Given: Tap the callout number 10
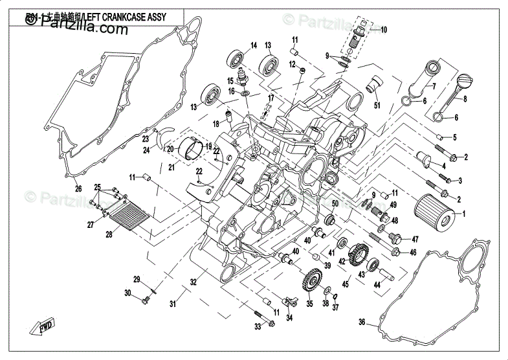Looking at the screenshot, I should (383, 30).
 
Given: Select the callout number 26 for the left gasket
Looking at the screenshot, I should (78, 189).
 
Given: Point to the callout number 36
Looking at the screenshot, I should (362, 321).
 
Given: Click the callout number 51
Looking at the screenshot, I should (377, 106).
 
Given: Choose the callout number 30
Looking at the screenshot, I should (128, 294).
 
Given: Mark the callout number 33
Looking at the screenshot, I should (257, 327).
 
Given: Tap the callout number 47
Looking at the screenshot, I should (415, 240).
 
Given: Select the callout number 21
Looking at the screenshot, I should (172, 168).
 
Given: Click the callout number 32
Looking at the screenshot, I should (192, 282).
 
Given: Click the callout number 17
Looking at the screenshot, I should (271, 98).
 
